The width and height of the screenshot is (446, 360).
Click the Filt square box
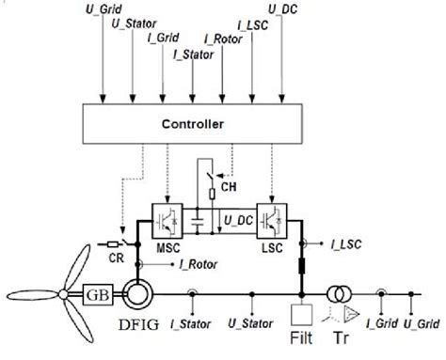point(302,313)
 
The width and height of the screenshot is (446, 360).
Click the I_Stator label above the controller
point(192,55)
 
